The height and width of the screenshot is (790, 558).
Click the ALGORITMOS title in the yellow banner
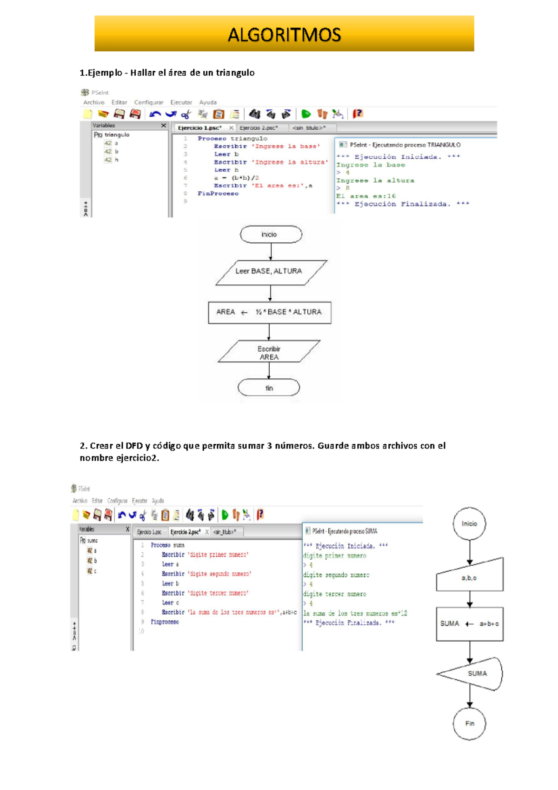284,35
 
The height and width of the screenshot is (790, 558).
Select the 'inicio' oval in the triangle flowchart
271,234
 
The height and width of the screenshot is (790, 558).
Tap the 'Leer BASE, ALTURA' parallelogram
271,272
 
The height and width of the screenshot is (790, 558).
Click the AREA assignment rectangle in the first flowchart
269,312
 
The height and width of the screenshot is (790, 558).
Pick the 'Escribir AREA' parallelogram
269,353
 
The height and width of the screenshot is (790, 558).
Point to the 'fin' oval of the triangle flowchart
269,388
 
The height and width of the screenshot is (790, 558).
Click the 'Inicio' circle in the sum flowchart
469,524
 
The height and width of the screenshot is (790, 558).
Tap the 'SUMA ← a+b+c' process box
470,624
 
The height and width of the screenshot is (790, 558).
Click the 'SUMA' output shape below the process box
472,674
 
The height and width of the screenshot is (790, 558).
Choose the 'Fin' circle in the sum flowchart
470,723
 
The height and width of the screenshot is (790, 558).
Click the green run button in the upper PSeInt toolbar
306,114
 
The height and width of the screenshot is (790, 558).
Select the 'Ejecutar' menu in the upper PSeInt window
181,102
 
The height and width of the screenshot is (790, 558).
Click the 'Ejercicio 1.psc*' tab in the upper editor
199,128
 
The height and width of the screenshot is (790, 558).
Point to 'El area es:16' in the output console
366,196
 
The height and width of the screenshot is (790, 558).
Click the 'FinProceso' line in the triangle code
218,194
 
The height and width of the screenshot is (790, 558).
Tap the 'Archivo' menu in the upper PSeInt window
93,102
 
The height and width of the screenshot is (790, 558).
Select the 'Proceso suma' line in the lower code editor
167,545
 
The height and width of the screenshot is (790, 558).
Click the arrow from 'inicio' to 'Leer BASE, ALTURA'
271,252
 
